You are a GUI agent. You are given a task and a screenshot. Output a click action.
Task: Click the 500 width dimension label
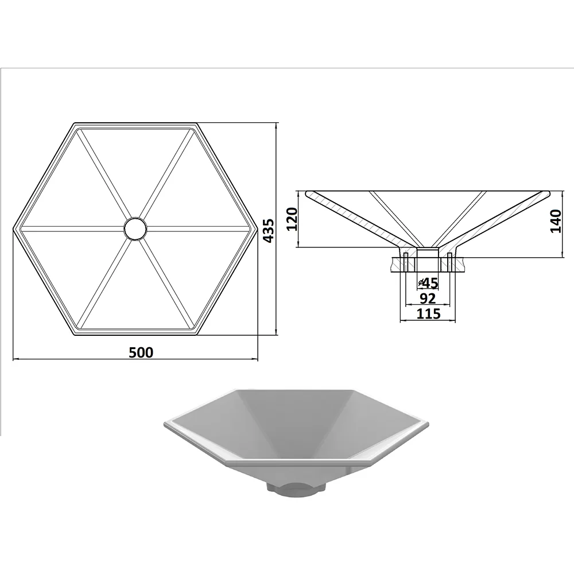(x=141, y=352)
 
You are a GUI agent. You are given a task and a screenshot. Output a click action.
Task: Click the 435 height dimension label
(x=269, y=231)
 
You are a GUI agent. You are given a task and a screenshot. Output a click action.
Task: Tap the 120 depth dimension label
(x=293, y=219)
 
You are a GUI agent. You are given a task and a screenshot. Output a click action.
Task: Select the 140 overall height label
(x=556, y=221)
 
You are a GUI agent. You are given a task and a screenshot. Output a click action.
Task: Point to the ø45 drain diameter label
(x=428, y=282)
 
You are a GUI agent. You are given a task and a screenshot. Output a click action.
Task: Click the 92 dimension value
(x=428, y=298)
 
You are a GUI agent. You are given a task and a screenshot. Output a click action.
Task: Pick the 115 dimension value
(x=428, y=314)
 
